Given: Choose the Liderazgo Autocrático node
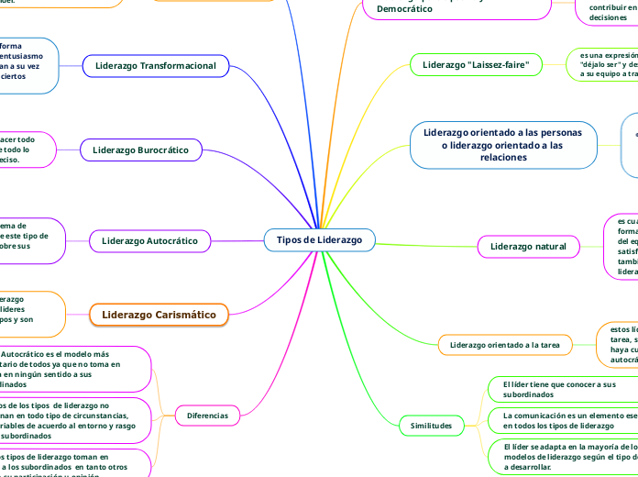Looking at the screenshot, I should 149,241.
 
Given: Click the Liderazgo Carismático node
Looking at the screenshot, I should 159,315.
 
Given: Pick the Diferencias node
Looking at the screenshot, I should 207,416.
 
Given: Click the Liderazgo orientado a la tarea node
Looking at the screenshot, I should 505,345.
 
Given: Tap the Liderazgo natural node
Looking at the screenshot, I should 528,246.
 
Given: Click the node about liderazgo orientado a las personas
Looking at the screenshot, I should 502,145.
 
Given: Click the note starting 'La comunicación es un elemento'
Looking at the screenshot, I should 559,420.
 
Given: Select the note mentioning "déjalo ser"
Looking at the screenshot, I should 601,66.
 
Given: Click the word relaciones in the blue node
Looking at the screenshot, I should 502,157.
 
